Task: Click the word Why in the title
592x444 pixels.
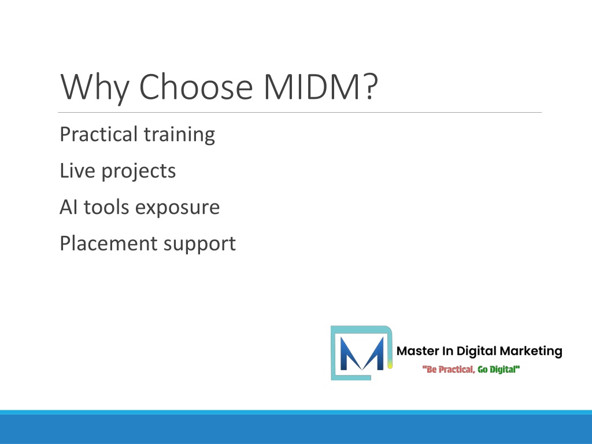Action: click(95, 87)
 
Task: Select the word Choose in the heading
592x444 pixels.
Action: click(195, 87)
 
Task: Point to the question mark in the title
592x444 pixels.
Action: click(371, 87)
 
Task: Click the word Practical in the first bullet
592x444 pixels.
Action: click(98, 134)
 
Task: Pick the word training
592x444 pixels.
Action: click(179, 135)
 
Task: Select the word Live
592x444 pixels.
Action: click(77, 171)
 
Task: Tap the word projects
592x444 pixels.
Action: click(139, 171)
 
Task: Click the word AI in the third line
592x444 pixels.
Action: click(68, 207)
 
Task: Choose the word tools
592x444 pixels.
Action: click(106, 207)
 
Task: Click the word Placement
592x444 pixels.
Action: click(108, 243)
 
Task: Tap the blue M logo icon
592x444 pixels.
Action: click(362, 353)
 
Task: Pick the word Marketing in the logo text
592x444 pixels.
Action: click(531, 351)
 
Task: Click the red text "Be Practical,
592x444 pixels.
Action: click(449, 369)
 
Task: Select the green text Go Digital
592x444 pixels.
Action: click(499, 369)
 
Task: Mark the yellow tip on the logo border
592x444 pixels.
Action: click(390, 364)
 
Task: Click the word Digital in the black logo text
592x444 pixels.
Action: click(476, 351)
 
